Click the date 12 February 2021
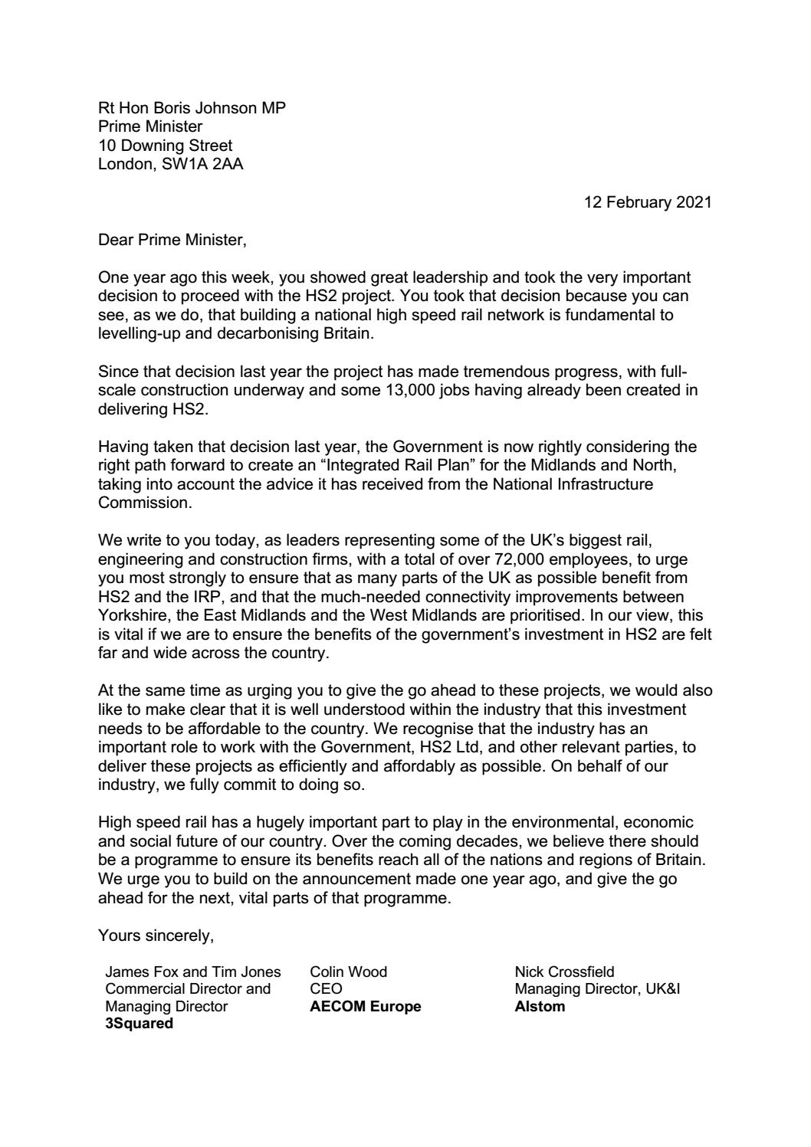pyautogui.click(x=647, y=203)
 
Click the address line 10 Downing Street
pyautogui.click(x=166, y=145)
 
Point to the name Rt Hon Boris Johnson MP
pyautogui.click(x=192, y=108)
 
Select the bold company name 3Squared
pyautogui.click(x=139, y=1023)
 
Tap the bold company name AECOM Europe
pyautogui.click(x=365, y=1006)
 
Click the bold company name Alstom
pyautogui.click(x=540, y=1006)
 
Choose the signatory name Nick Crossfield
pyautogui.click(x=564, y=972)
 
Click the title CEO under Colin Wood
pyautogui.click(x=326, y=988)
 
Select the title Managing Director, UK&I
pyautogui.click(x=597, y=988)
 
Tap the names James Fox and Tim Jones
pyautogui.click(x=193, y=972)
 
